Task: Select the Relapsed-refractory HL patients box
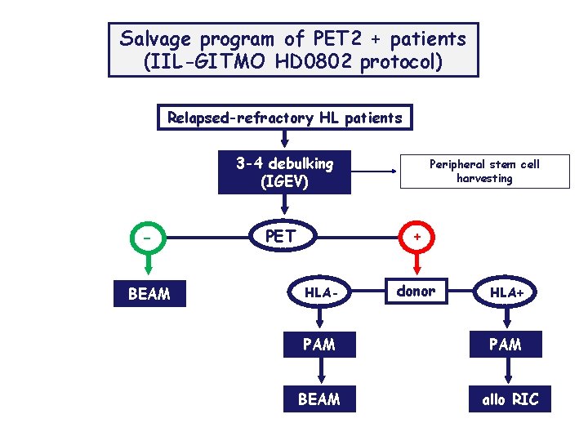coord(285,118)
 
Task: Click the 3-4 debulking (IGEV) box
coord(284,171)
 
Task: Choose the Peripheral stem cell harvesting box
coord(484,171)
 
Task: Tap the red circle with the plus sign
coord(417,237)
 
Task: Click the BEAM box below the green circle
coord(149,293)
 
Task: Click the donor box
coord(416,291)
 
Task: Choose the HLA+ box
coord(506,292)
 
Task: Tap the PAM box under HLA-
coord(319,345)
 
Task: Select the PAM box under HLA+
coord(506,345)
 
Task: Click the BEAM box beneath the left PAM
coord(319,399)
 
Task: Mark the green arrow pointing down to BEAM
coord(149,266)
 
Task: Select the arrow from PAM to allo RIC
coord(507,372)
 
